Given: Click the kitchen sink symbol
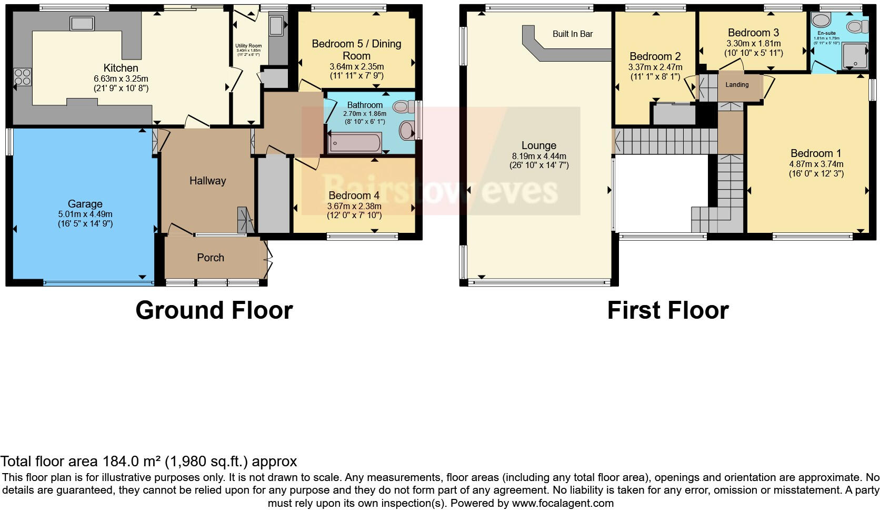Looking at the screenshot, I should click(82, 24).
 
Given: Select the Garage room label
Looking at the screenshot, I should click(85, 204).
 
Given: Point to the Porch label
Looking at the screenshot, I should click(211, 258).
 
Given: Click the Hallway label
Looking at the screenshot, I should click(207, 181).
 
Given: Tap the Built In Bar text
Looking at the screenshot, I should click(573, 34).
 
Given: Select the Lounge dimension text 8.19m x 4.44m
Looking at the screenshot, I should click(539, 156).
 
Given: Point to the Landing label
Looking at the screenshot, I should click(737, 85).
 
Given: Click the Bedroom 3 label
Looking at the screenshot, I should click(753, 33).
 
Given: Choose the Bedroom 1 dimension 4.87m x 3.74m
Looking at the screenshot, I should click(816, 164).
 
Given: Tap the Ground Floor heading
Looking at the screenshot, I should click(214, 310).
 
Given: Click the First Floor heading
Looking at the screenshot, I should click(667, 310).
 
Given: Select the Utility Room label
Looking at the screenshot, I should click(248, 46).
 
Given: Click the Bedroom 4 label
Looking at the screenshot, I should click(354, 196).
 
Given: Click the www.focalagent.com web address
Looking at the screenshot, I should click(563, 503).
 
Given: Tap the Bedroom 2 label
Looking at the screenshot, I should click(655, 56).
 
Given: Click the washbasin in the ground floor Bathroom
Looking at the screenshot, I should click(408, 129).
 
